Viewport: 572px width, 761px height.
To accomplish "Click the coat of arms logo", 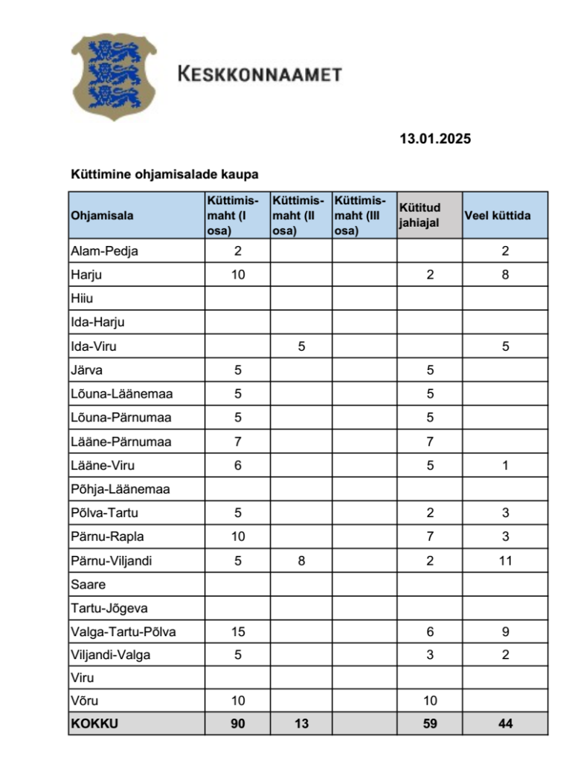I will pyautogui.click(x=114, y=76).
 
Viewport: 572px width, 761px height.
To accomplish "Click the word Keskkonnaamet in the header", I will pyautogui.click(x=259, y=74).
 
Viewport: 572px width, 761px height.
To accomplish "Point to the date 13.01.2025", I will pyautogui.click(x=435, y=138).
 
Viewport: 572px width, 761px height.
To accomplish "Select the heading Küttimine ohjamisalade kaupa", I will pyautogui.click(x=164, y=175).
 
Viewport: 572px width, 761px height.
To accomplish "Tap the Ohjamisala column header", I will pyautogui.click(x=102, y=216).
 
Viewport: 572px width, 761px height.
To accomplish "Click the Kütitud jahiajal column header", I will pyautogui.click(x=420, y=215).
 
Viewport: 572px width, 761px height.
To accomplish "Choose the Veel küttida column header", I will pyautogui.click(x=498, y=216).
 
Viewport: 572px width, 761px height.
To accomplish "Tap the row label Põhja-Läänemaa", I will pyautogui.click(x=120, y=489).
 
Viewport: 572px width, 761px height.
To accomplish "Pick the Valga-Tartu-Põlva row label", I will pyautogui.click(x=124, y=632).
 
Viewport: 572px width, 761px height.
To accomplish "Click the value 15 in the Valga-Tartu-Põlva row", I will pyautogui.click(x=237, y=632).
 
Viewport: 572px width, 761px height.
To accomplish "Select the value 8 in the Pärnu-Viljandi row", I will pyautogui.click(x=301, y=560).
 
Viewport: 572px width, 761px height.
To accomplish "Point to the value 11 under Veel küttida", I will pyautogui.click(x=505, y=560).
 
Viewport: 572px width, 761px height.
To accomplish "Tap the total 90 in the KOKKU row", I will pyautogui.click(x=237, y=723).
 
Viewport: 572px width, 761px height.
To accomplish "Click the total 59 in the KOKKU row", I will pyautogui.click(x=430, y=723).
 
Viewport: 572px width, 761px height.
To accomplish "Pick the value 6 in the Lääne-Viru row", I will pyautogui.click(x=237, y=465).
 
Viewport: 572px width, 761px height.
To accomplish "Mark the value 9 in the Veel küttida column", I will pyautogui.click(x=505, y=632).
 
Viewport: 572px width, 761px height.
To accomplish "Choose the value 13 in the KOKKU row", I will pyautogui.click(x=301, y=723).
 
